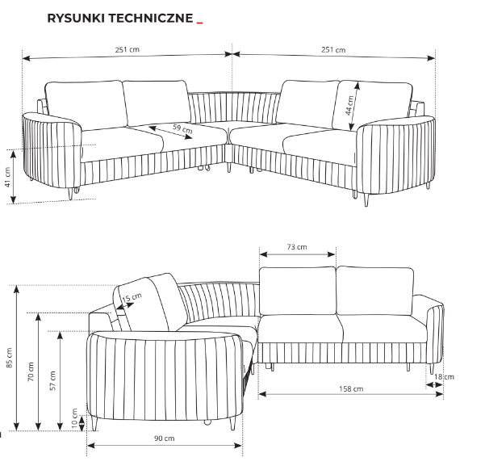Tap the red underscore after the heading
tap(199, 23)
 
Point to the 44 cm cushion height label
tap(349, 106)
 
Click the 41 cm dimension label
tap(8, 177)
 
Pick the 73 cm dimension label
tap(297, 246)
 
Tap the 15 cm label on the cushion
tap(126, 299)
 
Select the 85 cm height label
tap(9, 357)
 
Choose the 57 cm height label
tap(52, 380)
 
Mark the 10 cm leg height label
tap(74, 417)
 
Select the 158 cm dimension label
tap(352, 389)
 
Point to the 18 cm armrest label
tap(443, 376)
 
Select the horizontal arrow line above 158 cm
tap(351, 396)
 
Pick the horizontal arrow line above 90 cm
tap(165, 445)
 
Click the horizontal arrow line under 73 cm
tap(297, 254)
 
